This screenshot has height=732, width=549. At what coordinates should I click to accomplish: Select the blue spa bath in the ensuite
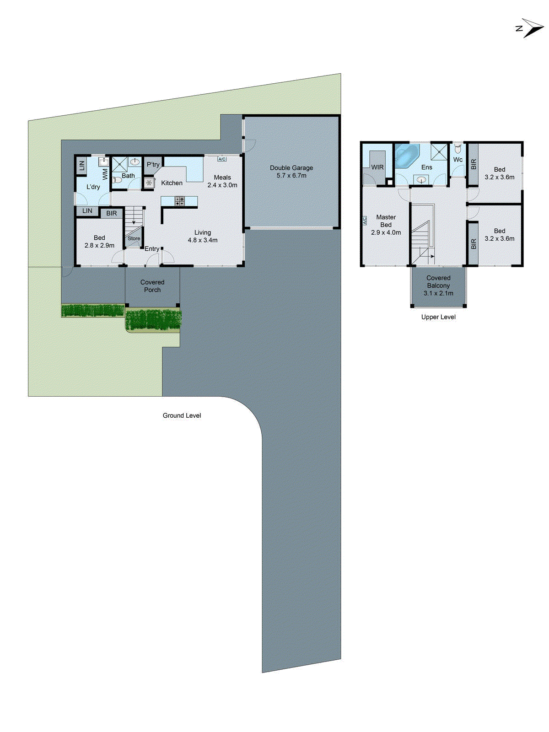click(406, 156)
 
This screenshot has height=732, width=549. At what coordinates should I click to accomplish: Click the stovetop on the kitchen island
click(179, 201)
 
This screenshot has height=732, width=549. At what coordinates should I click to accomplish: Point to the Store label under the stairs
click(134, 238)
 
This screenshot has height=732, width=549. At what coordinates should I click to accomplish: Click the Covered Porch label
click(152, 286)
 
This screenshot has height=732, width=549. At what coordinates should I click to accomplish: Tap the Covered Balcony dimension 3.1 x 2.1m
click(438, 293)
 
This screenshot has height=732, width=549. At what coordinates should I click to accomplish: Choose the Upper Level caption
click(438, 317)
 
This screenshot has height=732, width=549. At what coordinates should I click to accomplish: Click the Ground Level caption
click(182, 415)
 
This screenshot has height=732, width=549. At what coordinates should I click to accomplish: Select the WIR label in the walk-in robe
click(377, 167)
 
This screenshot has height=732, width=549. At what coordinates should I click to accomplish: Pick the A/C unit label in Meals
click(222, 159)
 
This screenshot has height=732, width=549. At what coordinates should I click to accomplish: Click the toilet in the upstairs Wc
click(458, 149)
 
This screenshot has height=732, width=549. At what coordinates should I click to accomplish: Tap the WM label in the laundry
click(105, 174)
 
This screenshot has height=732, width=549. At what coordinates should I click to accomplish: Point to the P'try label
click(153, 165)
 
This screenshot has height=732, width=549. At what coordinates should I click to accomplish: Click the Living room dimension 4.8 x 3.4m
click(203, 240)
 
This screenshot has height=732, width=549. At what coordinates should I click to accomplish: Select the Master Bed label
click(386, 221)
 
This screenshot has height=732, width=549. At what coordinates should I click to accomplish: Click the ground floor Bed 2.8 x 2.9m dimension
click(99, 246)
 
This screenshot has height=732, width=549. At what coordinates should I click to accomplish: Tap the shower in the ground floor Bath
click(119, 164)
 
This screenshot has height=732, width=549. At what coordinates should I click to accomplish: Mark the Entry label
click(152, 249)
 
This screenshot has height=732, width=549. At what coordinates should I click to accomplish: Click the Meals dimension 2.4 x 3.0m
click(222, 185)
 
